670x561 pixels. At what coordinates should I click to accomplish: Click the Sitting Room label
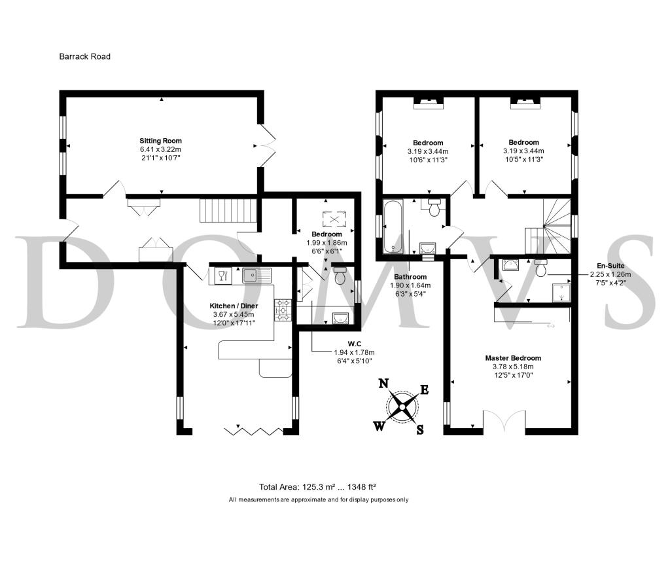click(x=161, y=141)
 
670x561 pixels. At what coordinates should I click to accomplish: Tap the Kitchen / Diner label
click(x=234, y=306)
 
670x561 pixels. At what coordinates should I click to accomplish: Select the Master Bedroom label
click(x=513, y=358)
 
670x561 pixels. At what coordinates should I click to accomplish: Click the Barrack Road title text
click(x=84, y=56)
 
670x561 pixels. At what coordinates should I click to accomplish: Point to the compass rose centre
click(x=402, y=407)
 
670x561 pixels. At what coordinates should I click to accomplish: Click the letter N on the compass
click(x=383, y=383)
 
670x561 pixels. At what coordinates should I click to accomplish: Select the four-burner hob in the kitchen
click(x=283, y=310)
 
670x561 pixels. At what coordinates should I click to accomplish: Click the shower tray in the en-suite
click(x=561, y=293)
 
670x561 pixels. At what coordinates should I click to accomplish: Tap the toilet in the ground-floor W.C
click(x=340, y=276)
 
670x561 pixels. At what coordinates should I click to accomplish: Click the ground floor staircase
click(x=228, y=210)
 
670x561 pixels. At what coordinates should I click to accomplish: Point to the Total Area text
click(x=317, y=486)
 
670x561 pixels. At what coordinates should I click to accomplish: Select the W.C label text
click(x=354, y=344)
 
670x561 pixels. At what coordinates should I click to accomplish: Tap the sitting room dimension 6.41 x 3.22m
click(x=161, y=149)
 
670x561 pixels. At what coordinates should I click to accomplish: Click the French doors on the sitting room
click(x=267, y=145)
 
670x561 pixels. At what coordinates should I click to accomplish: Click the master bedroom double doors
click(x=504, y=421)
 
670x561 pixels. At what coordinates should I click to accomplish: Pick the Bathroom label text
click(x=410, y=277)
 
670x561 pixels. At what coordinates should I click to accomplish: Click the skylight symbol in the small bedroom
click(x=336, y=219)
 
